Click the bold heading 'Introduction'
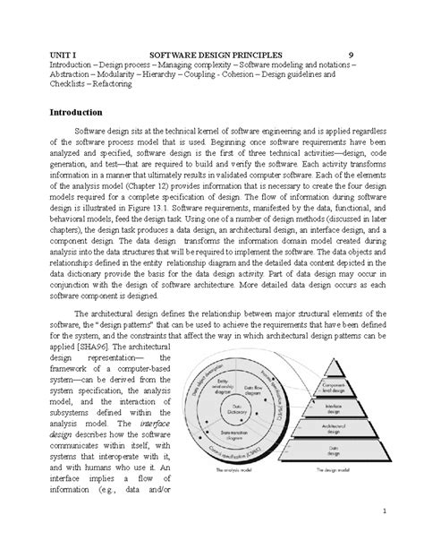[x=76, y=112]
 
